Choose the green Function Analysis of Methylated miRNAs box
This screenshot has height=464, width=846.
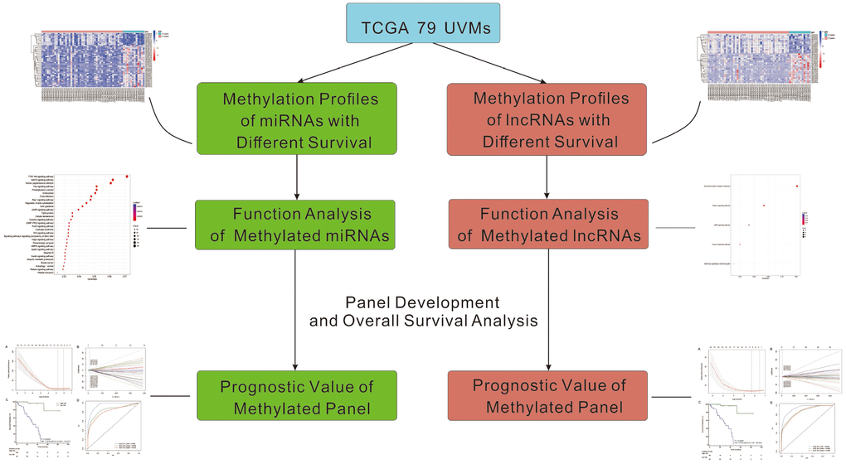(296, 225)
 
